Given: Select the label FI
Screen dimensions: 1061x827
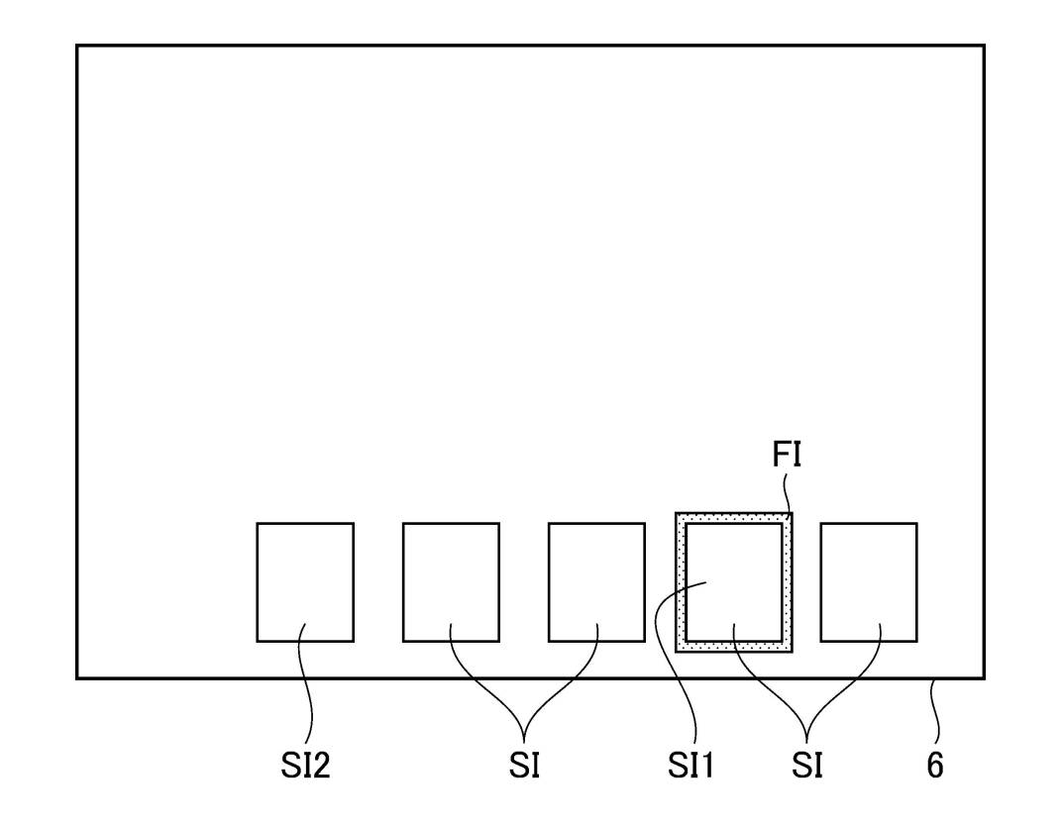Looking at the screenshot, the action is coord(787,457).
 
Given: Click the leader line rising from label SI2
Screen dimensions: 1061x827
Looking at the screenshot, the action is coord(311,693).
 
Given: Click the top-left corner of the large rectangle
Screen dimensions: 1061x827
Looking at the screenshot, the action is coord(77,46).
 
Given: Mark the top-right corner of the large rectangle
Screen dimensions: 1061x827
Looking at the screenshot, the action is coord(984,46).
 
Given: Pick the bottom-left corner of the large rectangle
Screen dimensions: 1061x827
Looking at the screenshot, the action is coord(77,678).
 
